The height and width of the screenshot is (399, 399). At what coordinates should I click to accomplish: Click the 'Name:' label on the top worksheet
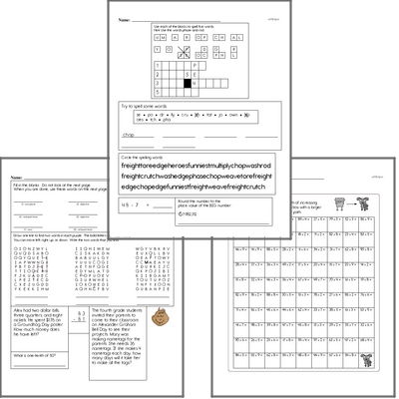[124, 17]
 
